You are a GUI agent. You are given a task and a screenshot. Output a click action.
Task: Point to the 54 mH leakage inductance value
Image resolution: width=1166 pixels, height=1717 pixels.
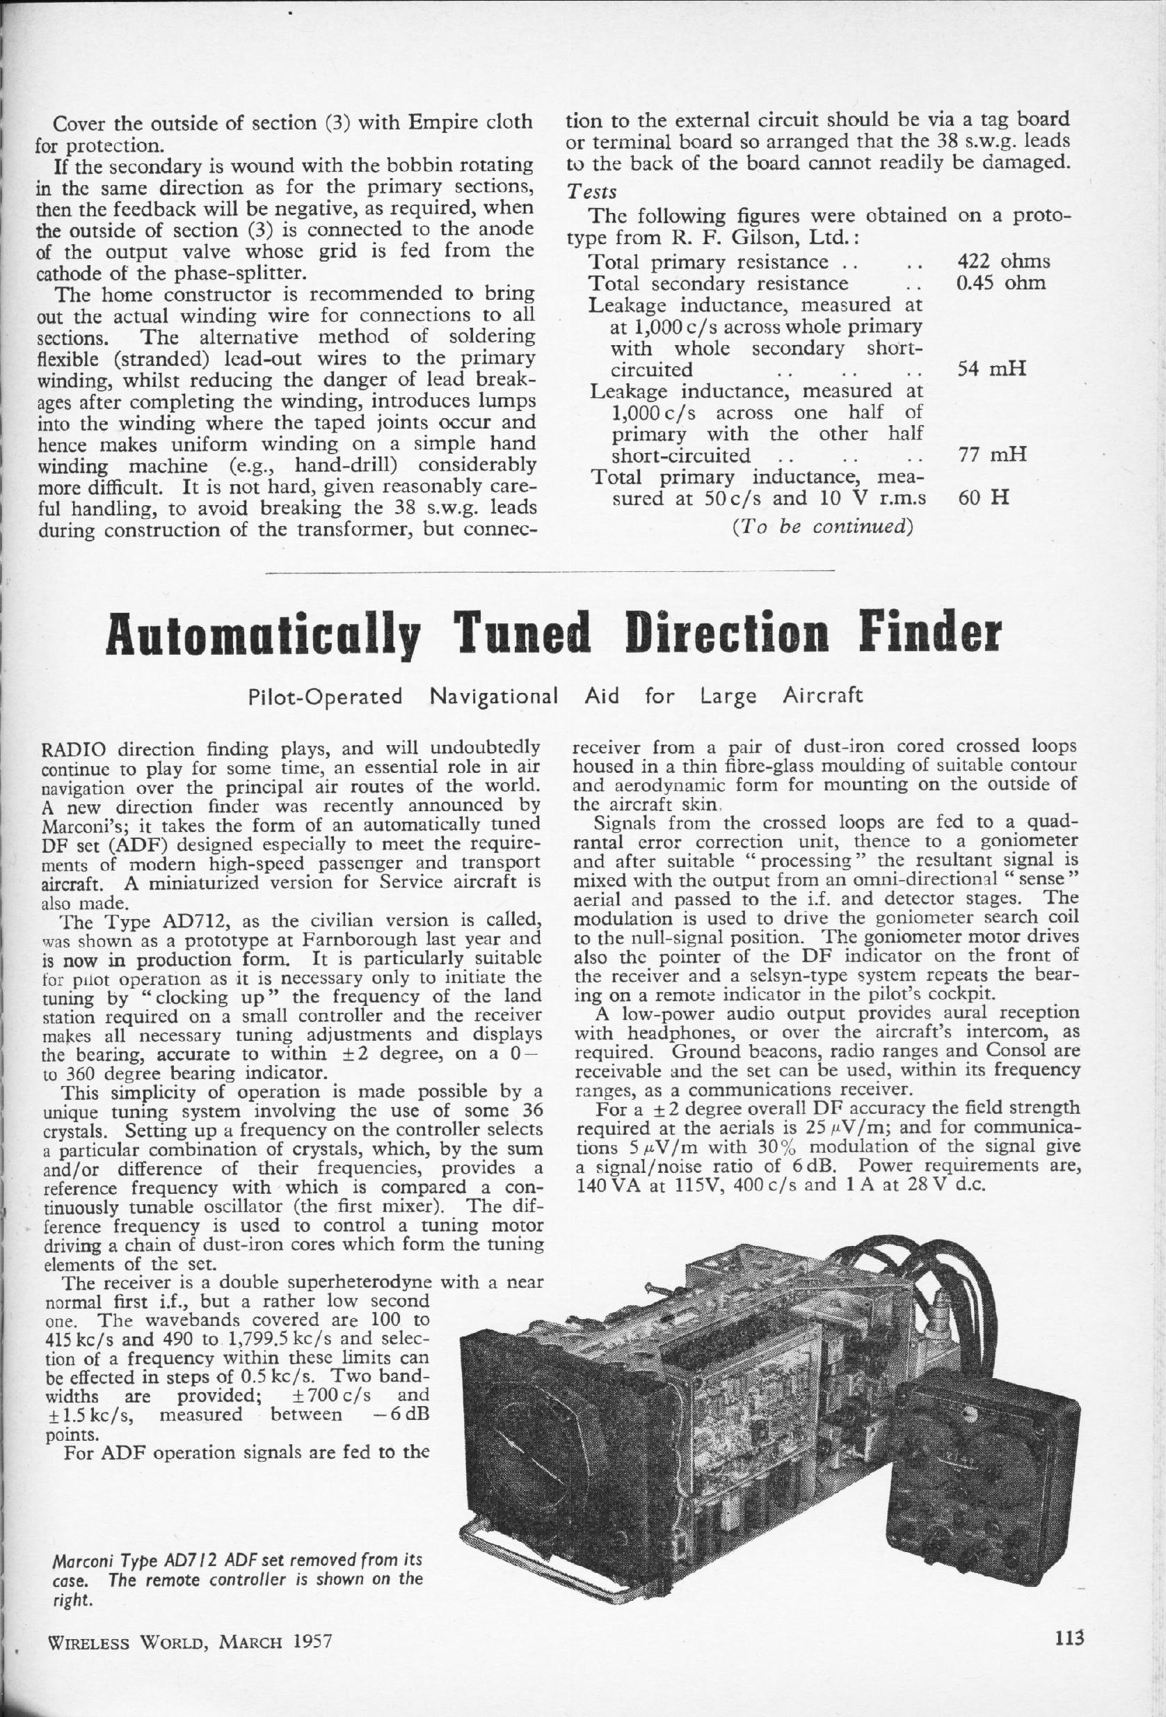991,369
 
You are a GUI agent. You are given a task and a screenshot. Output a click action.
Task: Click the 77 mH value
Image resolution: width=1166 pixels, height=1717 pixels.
991,455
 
